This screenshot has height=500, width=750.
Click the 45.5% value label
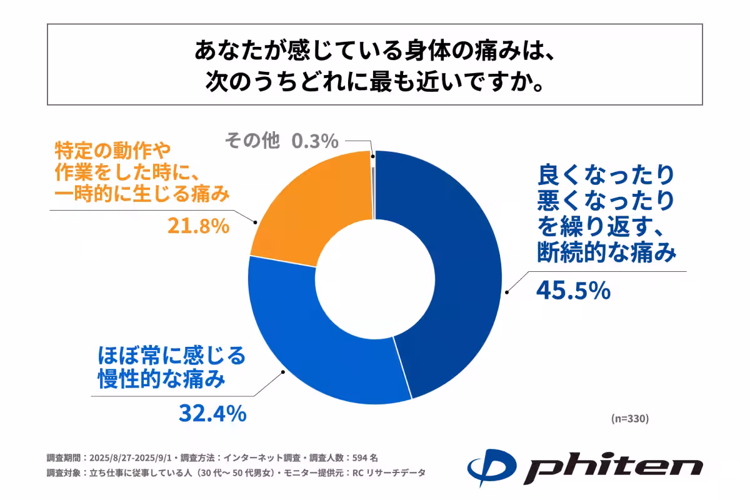pyautogui.click(x=572, y=290)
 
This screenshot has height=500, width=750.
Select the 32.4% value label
pyautogui.click(x=212, y=412)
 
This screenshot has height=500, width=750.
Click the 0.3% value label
pyautogui.click(x=315, y=141)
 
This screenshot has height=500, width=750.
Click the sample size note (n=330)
pyautogui.click(x=629, y=419)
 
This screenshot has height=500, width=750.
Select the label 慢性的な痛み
pyautogui.click(x=161, y=379)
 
